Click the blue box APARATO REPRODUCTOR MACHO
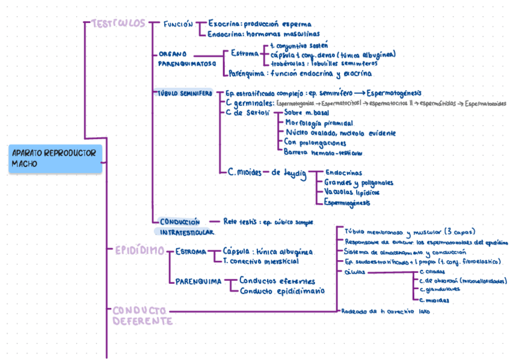(x=55, y=158)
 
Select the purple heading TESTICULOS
(x=118, y=23)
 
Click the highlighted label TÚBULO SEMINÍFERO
(x=183, y=94)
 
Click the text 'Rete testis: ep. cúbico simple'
(x=268, y=221)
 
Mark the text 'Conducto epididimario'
(x=281, y=291)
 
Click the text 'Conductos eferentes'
(x=277, y=281)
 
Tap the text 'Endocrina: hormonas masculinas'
(x=263, y=34)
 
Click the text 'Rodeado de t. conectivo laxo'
(x=385, y=311)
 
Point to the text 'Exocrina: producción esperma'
(x=260, y=24)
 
